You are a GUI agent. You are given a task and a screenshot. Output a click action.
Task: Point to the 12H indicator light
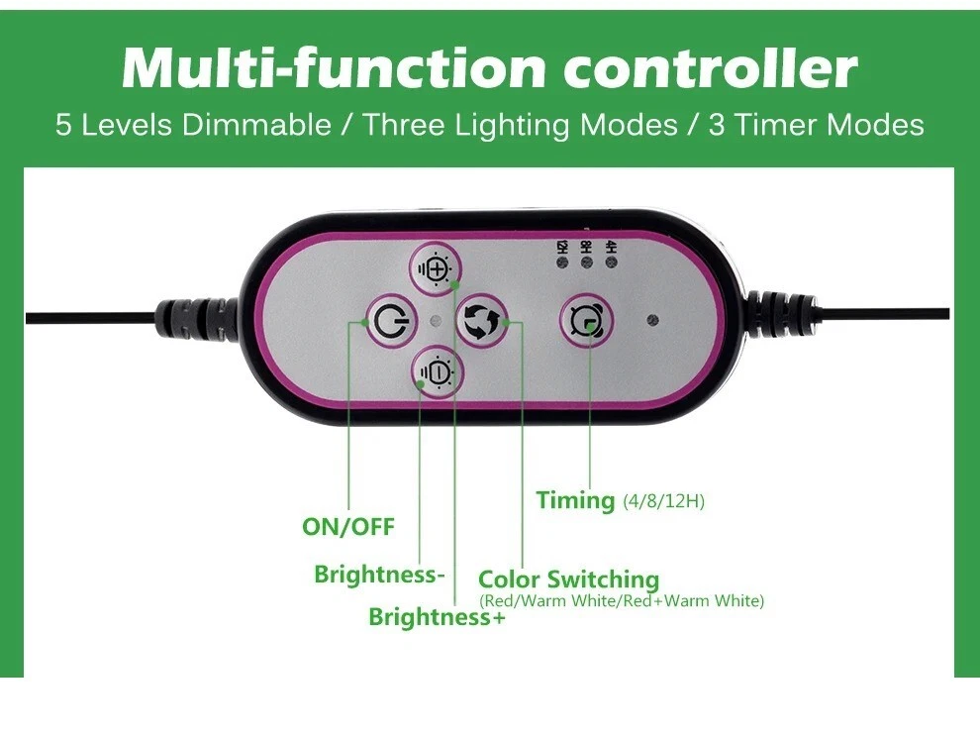(x=562, y=264)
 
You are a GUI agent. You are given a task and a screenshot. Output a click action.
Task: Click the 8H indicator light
(x=587, y=264)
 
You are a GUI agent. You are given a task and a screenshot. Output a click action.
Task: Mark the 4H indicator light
(x=611, y=264)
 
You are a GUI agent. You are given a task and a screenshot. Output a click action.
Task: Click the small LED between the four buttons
(x=436, y=320)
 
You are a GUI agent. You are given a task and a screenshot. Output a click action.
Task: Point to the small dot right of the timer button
(x=652, y=320)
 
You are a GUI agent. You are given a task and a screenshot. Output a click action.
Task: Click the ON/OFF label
(x=348, y=527)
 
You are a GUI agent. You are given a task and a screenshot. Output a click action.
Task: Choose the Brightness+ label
(x=437, y=617)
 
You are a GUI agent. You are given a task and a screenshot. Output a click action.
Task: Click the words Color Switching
(x=568, y=580)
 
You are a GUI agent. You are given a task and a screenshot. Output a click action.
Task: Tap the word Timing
(x=575, y=500)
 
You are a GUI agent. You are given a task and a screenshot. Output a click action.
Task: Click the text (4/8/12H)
(x=663, y=501)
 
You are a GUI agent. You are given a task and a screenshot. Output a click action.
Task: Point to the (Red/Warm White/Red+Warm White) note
(x=621, y=601)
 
